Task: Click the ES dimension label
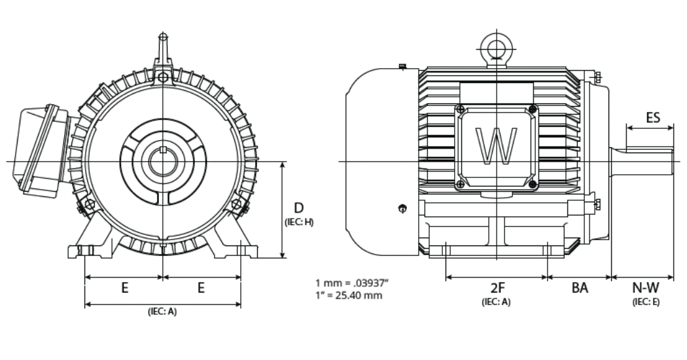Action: pos(652,118)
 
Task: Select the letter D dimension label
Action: pos(298,208)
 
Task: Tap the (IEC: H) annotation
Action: pos(299,222)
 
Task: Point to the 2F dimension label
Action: pos(496,288)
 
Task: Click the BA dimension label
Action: pos(579,288)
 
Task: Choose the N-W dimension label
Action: pos(645,288)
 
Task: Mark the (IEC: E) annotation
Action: pos(646,302)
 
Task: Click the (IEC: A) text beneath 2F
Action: pos(496,302)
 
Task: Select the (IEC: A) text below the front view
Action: pos(162,312)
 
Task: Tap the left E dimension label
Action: pos(124,288)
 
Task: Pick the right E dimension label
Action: pos(202,288)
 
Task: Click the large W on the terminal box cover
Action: pos(496,145)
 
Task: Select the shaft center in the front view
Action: pos(162,161)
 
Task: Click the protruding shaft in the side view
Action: pos(644,161)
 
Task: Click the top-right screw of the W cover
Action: pos(533,109)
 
